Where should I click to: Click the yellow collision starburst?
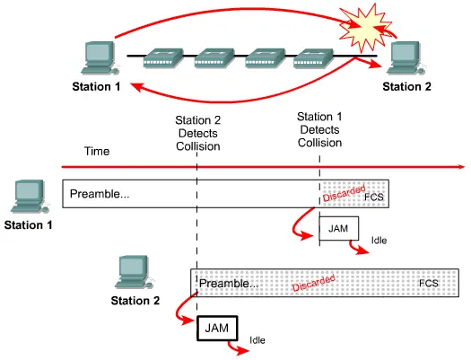(365, 28)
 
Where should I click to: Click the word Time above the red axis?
(97, 151)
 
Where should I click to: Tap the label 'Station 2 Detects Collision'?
(198, 133)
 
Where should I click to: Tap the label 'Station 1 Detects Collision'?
(319, 129)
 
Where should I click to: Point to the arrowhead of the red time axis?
(462, 167)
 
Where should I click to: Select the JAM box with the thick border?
(217, 329)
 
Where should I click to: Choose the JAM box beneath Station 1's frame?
(339, 228)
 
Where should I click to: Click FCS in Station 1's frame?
(374, 198)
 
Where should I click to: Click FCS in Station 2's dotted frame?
(428, 283)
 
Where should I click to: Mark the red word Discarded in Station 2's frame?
(314, 283)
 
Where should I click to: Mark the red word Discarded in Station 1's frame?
(344, 193)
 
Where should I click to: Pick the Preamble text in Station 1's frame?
(100, 194)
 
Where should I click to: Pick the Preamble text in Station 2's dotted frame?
(229, 283)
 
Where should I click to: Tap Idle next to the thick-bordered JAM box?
(257, 340)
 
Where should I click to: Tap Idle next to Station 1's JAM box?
(379, 241)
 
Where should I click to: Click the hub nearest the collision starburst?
(313, 57)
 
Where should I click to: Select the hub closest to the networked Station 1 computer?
(163, 57)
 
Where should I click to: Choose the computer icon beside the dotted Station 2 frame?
(135, 272)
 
